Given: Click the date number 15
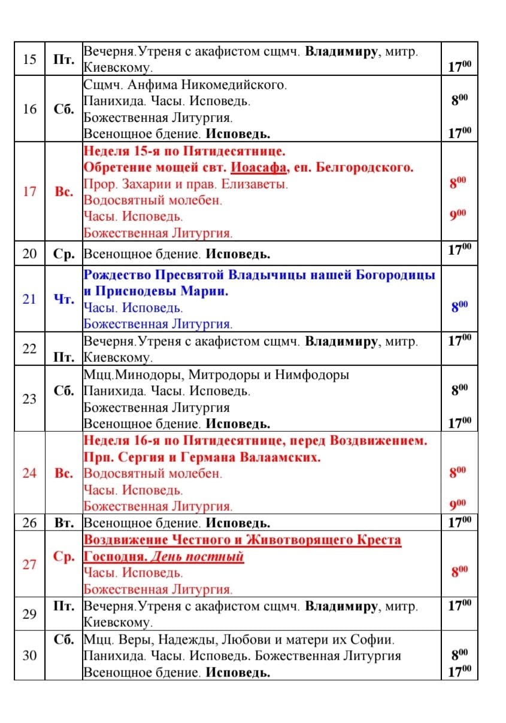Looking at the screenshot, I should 29,59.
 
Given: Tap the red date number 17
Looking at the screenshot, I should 29,191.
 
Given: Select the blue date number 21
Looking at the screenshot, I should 29,299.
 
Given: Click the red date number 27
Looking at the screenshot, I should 29,564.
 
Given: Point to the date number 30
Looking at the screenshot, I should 29,655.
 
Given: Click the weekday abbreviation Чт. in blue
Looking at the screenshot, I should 63,299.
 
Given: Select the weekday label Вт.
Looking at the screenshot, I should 63,523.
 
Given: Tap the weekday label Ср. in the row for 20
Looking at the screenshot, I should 63,254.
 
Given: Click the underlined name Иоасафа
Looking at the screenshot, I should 259,167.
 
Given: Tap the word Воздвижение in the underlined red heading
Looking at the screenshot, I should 121,540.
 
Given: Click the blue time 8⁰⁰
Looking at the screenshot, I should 459,307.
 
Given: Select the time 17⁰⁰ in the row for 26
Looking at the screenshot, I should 459,521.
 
